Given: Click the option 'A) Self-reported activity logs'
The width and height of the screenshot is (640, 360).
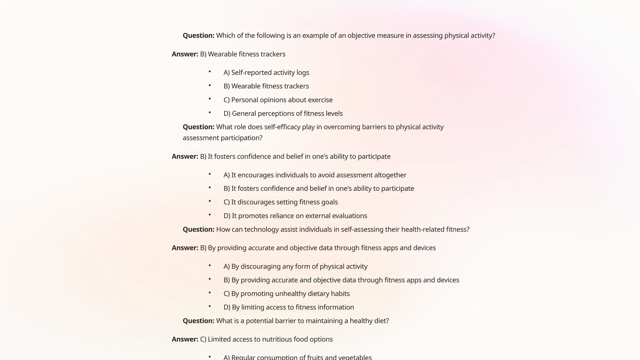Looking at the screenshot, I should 266,72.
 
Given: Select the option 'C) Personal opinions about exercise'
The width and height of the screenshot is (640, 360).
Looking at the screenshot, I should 278,100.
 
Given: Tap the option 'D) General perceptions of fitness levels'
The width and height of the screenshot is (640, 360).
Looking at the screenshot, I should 283,113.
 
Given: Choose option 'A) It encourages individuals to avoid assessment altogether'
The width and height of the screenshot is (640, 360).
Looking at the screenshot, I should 315,175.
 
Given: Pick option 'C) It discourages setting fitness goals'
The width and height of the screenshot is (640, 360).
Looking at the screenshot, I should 280,202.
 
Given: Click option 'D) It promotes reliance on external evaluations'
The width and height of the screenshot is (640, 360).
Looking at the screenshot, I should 295,216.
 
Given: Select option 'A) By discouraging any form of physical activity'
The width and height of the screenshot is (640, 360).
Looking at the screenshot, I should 295,267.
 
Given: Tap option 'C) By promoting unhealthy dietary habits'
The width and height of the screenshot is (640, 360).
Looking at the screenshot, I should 286,294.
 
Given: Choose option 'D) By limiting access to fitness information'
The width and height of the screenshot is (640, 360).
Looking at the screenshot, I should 288,307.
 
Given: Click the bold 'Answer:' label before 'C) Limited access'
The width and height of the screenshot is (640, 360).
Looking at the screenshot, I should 185,339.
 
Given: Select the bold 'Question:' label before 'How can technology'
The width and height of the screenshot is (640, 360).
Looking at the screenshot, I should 198,230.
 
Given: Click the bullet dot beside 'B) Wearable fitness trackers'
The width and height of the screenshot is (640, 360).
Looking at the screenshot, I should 210,85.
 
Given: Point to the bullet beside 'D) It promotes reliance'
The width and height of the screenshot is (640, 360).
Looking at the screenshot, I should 210,215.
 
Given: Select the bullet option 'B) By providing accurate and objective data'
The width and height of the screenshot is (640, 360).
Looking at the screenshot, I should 341,280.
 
